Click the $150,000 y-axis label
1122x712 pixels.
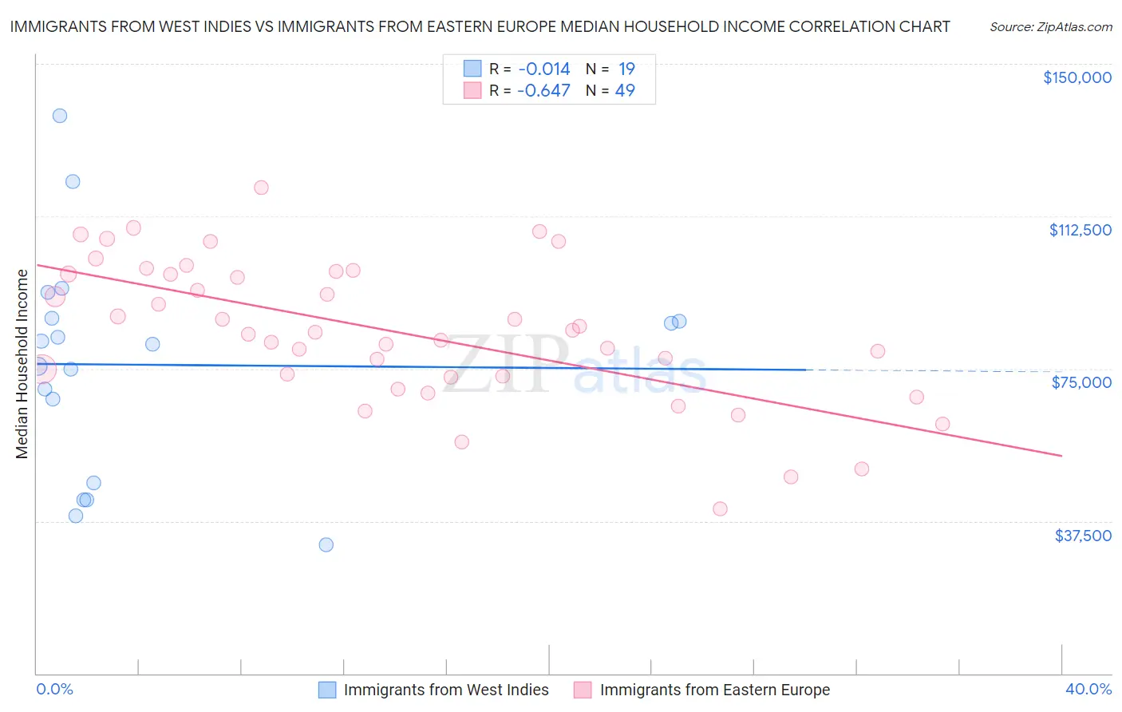click(x=1077, y=77)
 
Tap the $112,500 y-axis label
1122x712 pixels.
click(x=1080, y=230)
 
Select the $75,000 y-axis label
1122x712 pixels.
click(x=1081, y=382)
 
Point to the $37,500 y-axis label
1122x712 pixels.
click(x=1083, y=536)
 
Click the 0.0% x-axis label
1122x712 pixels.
click(x=54, y=689)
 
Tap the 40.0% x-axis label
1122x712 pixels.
click(x=1088, y=689)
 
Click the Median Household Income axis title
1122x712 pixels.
click(x=22, y=364)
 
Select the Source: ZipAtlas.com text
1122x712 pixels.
click(x=1050, y=27)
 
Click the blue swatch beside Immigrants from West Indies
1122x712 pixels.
click(x=327, y=690)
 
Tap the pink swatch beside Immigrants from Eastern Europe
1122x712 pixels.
click(x=583, y=690)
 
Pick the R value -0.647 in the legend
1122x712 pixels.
click(x=543, y=91)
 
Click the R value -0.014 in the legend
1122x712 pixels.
click(x=543, y=69)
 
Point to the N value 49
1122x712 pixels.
click(x=625, y=91)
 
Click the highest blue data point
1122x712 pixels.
click(x=60, y=116)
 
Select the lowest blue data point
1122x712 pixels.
click(x=326, y=545)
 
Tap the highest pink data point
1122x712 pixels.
click(x=261, y=188)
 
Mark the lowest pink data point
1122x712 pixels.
click(x=720, y=509)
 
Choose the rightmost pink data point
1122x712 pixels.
click(x=942, y=424)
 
